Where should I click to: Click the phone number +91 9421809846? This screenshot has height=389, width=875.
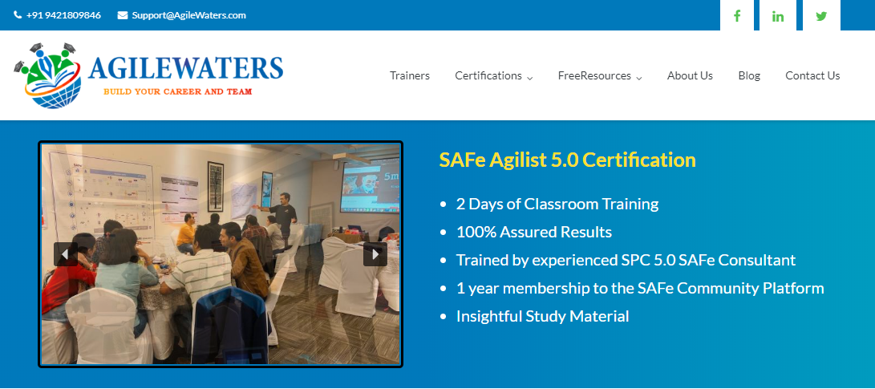[x=63, y=15]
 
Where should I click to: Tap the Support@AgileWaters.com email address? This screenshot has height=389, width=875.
[x=188, y=15]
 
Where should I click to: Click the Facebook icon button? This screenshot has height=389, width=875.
[x=736, y=15]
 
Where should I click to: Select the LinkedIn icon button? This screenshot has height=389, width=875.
[x=777, y=15]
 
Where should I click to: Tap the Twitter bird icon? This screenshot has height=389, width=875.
[x=821, y=15]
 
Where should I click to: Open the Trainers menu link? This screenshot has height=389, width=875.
[x=410, y=75]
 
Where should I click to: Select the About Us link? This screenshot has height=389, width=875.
[x=690, y=75]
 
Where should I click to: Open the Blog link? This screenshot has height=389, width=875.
[x=749, y=75]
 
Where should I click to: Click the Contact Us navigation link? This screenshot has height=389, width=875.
[x=812, y=75]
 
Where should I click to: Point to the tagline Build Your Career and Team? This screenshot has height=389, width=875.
[x=177, y=91]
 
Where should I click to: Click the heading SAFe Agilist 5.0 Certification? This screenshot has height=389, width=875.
[x=568, y=160]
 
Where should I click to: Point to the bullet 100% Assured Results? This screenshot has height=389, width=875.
[x=534, y=232]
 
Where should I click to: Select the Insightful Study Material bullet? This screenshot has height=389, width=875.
[x=542, y=317]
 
